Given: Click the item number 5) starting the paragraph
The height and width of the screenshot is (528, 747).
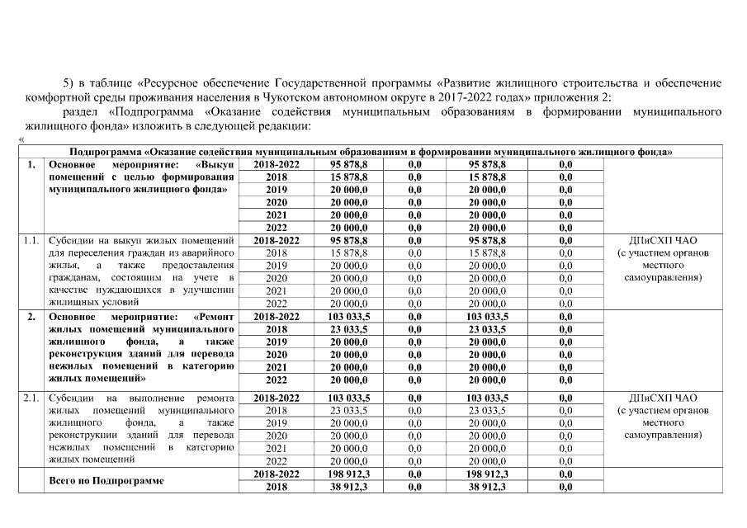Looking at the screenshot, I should pos(69,83).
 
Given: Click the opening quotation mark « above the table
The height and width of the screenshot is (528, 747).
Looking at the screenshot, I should pos(21,139).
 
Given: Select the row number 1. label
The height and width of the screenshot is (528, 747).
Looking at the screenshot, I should pos(31,165).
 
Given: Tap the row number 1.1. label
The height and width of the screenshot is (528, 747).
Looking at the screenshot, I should pos(31,241).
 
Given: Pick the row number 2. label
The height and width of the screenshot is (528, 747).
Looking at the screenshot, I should pos(31,316).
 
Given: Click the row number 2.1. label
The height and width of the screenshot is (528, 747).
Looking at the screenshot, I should pos(31,398).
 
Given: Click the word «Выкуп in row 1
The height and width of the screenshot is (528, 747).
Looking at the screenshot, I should pos(216,165).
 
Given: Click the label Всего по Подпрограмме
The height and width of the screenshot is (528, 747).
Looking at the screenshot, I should pos(106,480).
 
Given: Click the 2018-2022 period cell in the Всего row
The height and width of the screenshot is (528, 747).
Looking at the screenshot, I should pos(277,474).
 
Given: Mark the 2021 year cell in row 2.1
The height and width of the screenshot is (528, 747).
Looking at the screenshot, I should pos(277,448).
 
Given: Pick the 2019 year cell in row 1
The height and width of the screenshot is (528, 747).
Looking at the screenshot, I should pos(277,190).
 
